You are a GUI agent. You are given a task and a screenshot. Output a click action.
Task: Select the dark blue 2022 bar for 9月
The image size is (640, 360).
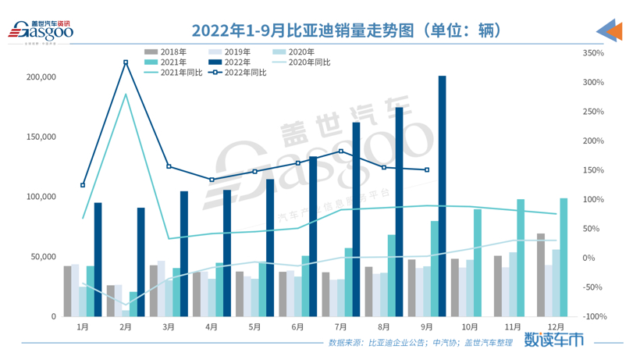point(443,195)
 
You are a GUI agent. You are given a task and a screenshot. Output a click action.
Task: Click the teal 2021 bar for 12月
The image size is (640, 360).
point(564,258)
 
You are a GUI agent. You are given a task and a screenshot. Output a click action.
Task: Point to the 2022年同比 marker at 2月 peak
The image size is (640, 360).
point(126,62)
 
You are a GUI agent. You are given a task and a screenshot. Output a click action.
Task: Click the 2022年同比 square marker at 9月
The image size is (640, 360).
point(426,169)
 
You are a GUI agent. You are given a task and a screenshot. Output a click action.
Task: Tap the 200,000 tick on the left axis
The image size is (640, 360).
point(41,77)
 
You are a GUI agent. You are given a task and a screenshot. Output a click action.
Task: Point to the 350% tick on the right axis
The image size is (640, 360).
point(593,53)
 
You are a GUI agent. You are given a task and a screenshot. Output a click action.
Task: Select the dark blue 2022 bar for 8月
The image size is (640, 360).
point(400,212)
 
